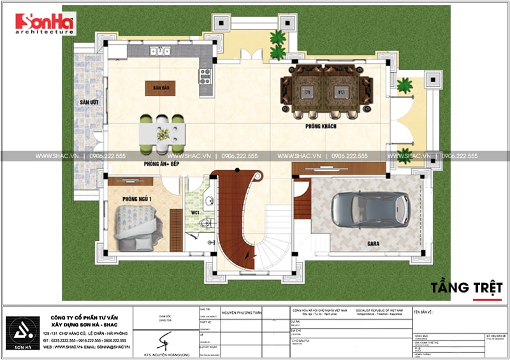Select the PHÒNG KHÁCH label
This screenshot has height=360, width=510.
pyautogui.click(x=320, y=127)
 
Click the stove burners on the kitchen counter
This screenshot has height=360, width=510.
pyautogui.click(x=205, y=76)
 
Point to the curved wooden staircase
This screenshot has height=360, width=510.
pyautogui.click(x=229, y=220)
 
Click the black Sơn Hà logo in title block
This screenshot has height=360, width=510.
pyautogui.click(x=20, y=329)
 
